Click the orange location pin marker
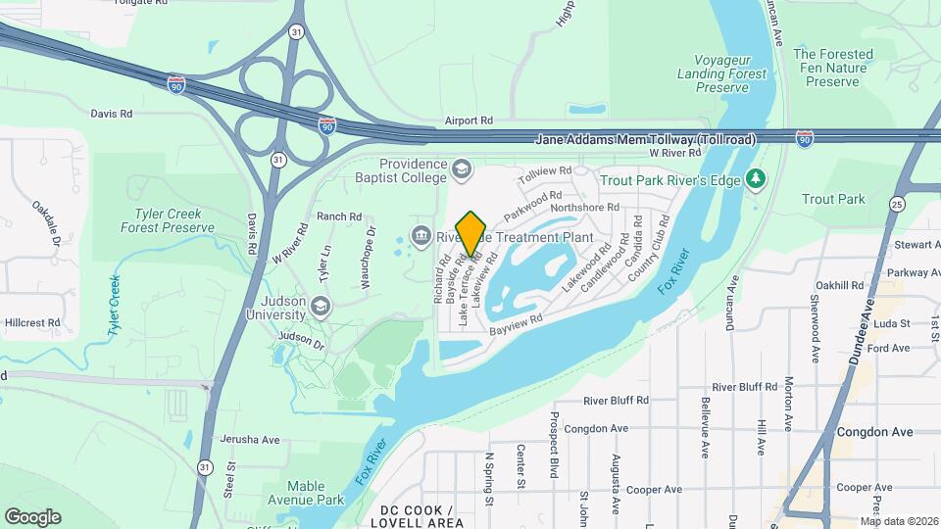[471, 234]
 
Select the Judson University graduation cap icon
[319, 308]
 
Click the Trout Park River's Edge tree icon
[754, 179]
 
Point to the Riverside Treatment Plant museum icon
[421, 235]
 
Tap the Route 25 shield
[898, 203]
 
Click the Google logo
[32, 517]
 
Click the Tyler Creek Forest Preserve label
[168, 220]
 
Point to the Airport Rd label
[468, 120]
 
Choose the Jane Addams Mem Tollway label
[646, 140]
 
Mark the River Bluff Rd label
[616, 400]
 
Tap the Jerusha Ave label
[250, 439]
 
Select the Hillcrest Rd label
[32, 321]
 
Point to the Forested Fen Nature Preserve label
[832, 69]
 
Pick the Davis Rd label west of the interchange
[111, 114]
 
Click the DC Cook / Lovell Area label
[417, 516]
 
